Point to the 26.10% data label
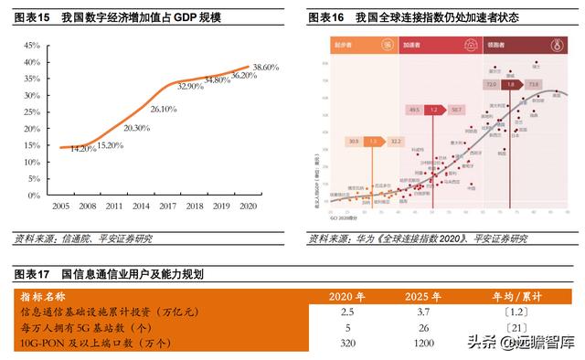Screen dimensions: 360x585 163,109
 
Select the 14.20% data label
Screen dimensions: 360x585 83,148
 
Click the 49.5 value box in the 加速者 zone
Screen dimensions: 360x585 414,109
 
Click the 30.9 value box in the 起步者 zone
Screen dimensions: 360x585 353,142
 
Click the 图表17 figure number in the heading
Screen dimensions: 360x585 34,274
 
